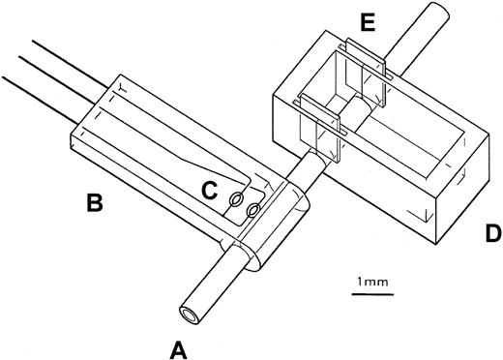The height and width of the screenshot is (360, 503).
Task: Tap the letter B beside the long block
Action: click(95, 203)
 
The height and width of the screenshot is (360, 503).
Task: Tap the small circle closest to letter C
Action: click(235, 200)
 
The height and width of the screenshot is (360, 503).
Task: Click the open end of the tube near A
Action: click(188, 312)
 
